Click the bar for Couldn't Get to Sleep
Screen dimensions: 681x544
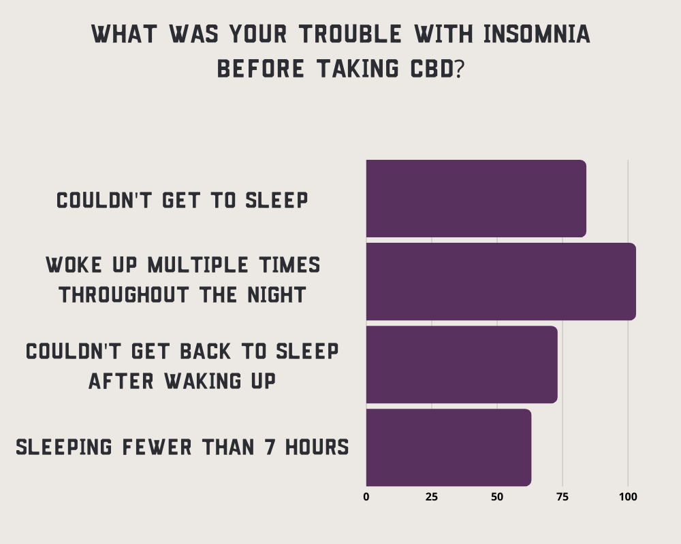click(x=476, y=199)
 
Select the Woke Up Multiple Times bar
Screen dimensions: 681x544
click(x=501, y=282)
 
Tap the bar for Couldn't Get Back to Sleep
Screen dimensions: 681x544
click(x=462, y=364)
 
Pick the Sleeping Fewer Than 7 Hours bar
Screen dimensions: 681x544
click(x=449, y=447)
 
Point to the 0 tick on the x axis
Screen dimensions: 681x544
click(x=366, y=496)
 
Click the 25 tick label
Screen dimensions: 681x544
click(x=431, y=496)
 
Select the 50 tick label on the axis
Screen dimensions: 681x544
click(x=497, y=496)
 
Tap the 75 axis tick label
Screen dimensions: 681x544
click(x=563, y=496)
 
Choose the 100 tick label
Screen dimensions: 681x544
click(x=628, y=496)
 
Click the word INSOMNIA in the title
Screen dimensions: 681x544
click(x=537, y=34)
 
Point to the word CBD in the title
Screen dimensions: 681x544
click(x=432, y=69)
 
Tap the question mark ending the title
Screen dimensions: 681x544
click(x=460, y=69)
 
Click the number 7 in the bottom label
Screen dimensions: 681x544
click(x=270, y=447)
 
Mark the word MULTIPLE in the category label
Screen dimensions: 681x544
click(x=198, y=265)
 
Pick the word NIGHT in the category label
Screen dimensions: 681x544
click(x=276, y=294)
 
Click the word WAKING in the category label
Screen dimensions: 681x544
click(x=203, y=381)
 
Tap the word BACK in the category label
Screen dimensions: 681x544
click(x=205, y=351)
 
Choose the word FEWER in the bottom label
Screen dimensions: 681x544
click(x=157, y=447)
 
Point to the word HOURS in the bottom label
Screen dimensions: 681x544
click(x=317, y=447)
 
